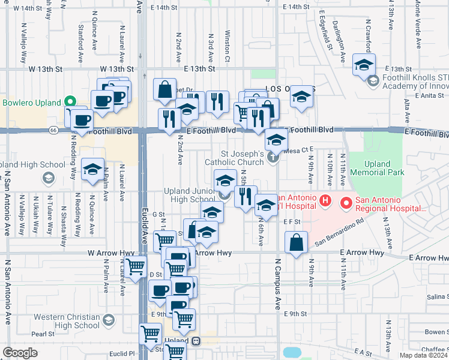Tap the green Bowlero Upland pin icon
click(71, 102)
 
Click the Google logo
click(20, 353)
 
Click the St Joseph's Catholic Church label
click(235, 157)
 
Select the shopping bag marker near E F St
click(297, 243)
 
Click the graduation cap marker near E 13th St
click(364, 65)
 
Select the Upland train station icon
click(196, 341)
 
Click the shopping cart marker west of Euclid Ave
click(136, 266)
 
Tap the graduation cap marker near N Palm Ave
click(93, 170)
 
